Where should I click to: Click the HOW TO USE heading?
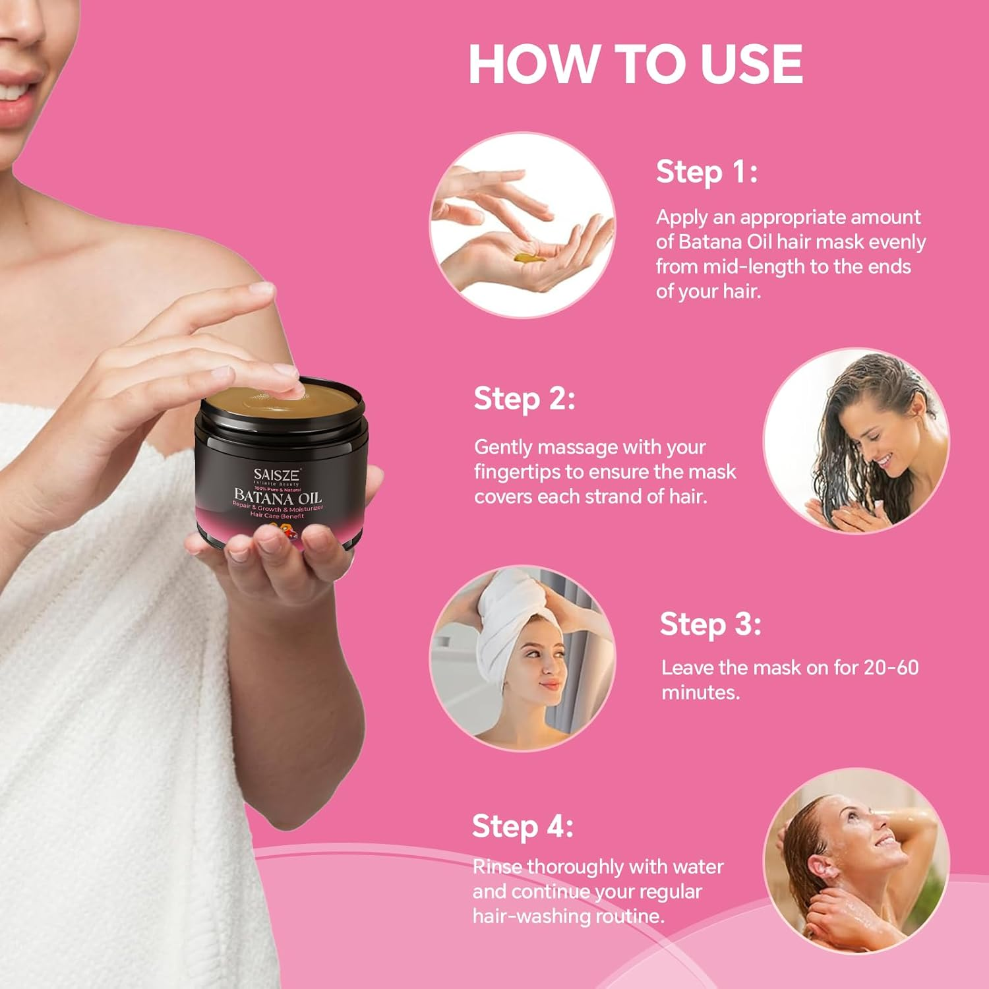coord(636,64)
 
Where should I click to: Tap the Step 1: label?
coord(706,172)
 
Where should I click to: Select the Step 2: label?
coord(524,399)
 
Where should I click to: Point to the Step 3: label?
coord(710,624)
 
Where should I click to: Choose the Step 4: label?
coord(522,826)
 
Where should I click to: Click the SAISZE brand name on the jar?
coord(277,475)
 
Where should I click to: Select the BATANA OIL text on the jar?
coord(278,496)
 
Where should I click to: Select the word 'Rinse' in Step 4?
coord(497,866)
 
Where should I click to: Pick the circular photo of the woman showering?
coord(856,860)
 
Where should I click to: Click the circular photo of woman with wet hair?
coord(856,441)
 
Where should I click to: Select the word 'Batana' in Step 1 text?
coord(711,242)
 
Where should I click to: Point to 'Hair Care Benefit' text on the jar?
coord(277,516)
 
